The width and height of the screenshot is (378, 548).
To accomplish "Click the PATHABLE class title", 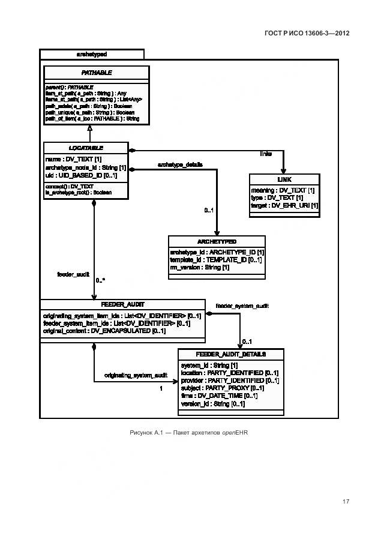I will pyautogui.click(x=96, y=73).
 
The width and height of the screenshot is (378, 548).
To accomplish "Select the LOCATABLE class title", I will pyautogui.click(x=86, y=148).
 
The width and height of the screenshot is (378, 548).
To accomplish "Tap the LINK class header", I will pyautogui.click(x=284, y=179).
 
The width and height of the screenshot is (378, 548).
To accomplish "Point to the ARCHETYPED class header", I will pyautogui.click(x=216, y=241).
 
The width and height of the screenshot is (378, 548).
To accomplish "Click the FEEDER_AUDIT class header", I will pyautogui.click(x=122, y=304).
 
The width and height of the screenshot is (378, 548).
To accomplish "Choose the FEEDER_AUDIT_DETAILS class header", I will pyautogui.click(x=231, y=354).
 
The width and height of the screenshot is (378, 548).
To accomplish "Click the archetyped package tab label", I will pyautogui.click(x=92, y=54).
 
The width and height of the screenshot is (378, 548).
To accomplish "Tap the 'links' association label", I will pyautogui.click(x=265, y=154).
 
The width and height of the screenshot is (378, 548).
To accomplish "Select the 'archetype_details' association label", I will pyautogui.click(x=180, y=164).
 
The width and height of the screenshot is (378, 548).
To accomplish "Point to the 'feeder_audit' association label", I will pyautogui.click(x=73, y=274).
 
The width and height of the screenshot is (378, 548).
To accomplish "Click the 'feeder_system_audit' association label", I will pyautogui.click(x=242, y=306).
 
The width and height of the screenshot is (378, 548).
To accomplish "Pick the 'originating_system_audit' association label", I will pyautogui.click(x=136, y=375).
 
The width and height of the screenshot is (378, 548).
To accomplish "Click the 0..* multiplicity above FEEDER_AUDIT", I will pyautogui.click(x=101, y=280).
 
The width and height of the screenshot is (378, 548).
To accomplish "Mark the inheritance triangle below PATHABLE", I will pyautogui.click(x=89, y=128).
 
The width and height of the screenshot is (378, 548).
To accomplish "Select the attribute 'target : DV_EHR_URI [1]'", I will pyautogui.click(x=284, y=205).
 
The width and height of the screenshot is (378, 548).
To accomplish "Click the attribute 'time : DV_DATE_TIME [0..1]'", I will pyautogui.click(x=219, y=396).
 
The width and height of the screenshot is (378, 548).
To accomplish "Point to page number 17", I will pyautogui.click(x=346, y=502).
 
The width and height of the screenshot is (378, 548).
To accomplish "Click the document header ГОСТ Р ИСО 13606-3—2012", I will pyautogui.click(x=307, y=33).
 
